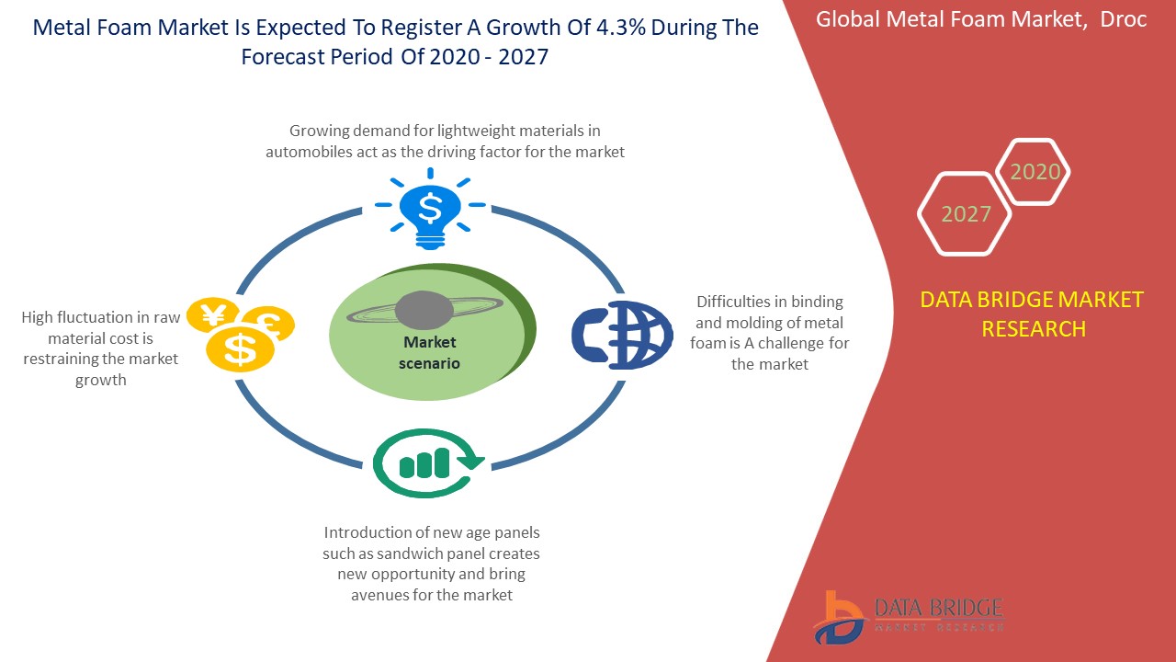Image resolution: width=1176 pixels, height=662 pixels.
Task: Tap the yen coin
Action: [x=212, y=315]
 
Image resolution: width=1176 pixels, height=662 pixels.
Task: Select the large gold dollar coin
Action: [x=240, y=349]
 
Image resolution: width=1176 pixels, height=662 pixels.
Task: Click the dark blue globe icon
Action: [x=622, y=335]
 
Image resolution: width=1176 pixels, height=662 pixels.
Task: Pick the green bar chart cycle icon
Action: [x=428, y=462]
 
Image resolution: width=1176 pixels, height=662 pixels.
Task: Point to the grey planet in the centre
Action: [x=424, y=310]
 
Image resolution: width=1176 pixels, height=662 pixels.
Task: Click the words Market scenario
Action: [x=429, y=352]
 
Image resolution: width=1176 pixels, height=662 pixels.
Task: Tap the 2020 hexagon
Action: [x=1034, y=171]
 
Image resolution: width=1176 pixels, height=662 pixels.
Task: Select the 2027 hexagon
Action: [x=965, y=214]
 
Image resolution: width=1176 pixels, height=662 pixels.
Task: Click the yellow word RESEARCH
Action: [x=1034, y=329]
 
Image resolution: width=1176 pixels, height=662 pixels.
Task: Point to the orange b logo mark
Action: [x=837, y=618]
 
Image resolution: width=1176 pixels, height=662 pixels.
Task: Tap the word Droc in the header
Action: [x=1123, y=19]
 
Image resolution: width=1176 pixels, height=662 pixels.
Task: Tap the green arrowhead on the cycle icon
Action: [x=470, y=461]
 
